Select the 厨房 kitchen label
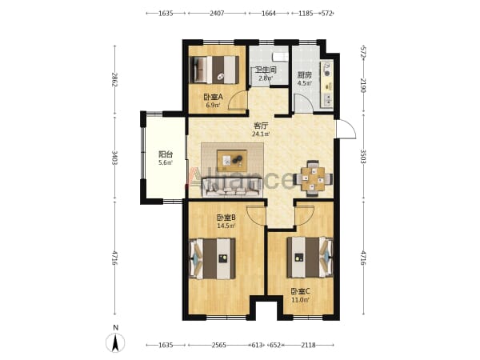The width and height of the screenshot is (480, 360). tap(304, 75)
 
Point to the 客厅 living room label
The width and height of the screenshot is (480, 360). tap(261, 126)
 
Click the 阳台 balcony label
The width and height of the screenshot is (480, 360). tap(166, 154)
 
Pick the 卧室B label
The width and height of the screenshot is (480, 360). tap(226, 218)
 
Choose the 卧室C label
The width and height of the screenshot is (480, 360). tap(300, 291)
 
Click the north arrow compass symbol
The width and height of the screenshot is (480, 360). tap(115, 342)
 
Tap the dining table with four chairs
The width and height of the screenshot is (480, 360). tap(313, 178)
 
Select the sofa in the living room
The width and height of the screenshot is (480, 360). tap(232, 187)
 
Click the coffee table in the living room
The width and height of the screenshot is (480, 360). tap(232, 161)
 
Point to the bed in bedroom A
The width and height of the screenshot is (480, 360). tap(214, 70)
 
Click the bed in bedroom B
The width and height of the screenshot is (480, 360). tap(213, 259)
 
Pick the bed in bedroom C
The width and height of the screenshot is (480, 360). tap(310, 257)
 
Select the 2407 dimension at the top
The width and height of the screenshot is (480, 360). tap(217, 13)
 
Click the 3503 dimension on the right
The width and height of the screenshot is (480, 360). tap(363, 157)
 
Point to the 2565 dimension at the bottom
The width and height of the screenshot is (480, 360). tap(218, 346)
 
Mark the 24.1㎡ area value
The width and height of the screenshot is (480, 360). tap(261, 134)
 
